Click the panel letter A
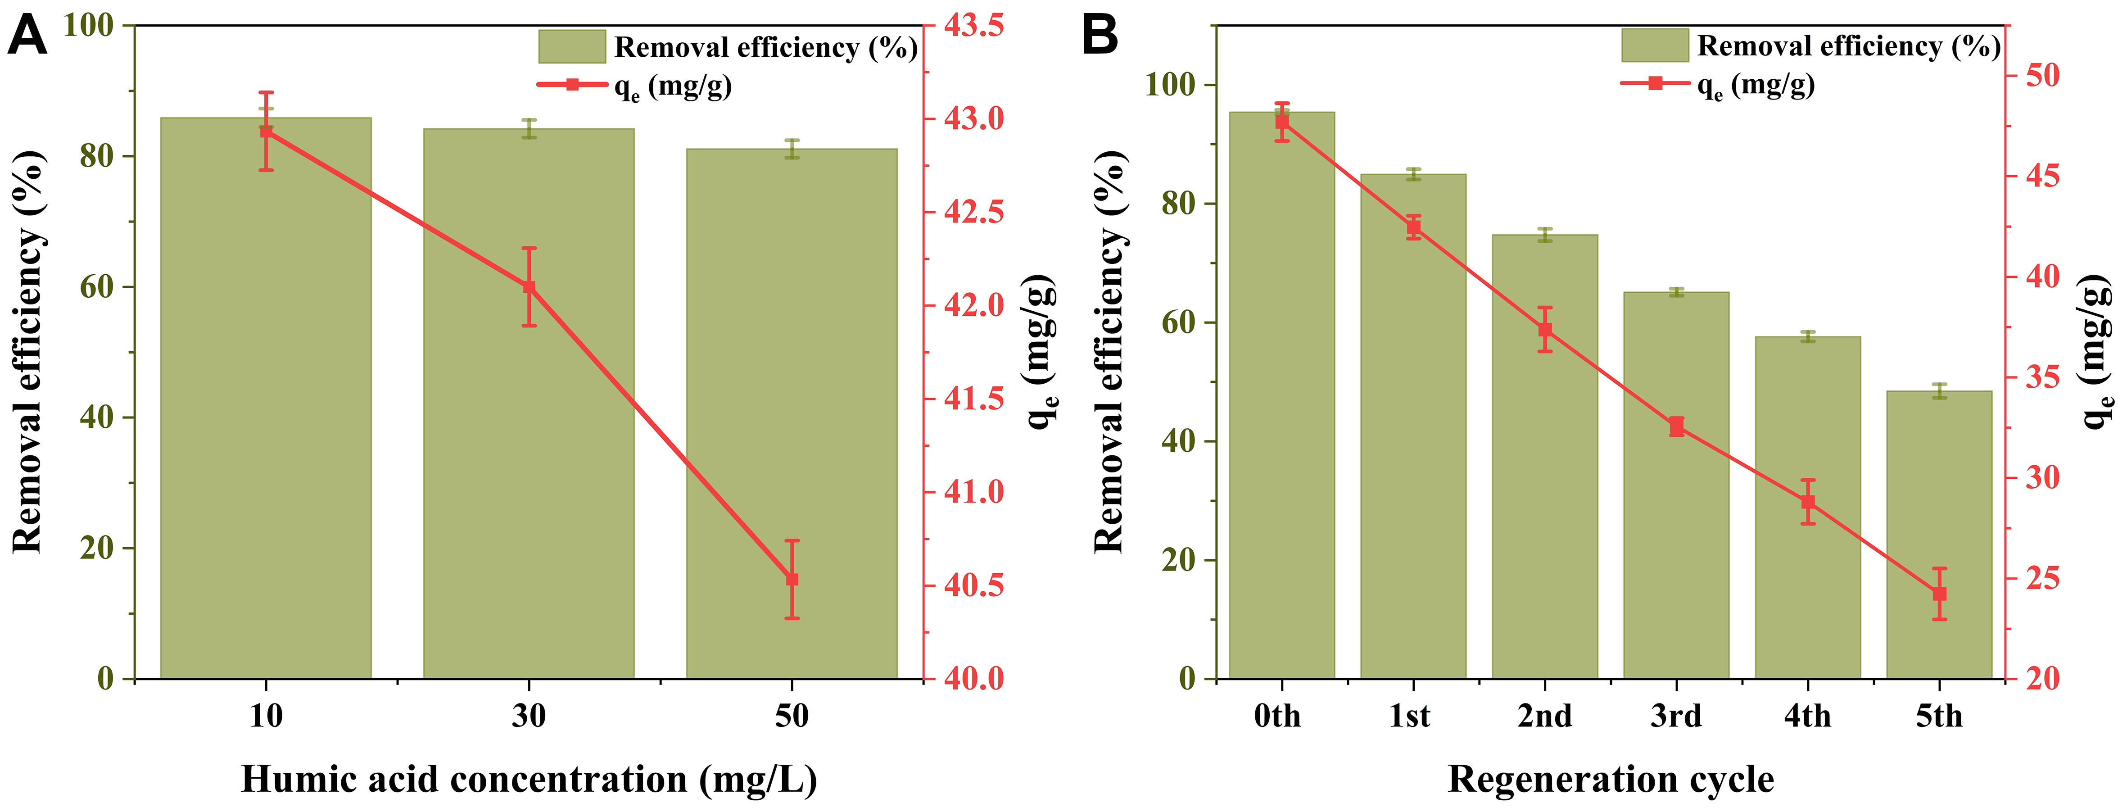27,37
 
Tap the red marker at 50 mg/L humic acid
792,579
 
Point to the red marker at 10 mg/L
266,132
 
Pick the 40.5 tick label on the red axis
974,585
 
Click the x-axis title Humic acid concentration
529,779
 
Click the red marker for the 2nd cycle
1545,330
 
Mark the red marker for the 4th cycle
1807,501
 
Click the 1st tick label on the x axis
1409,715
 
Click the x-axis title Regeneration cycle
1610,779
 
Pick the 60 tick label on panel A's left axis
97,286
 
